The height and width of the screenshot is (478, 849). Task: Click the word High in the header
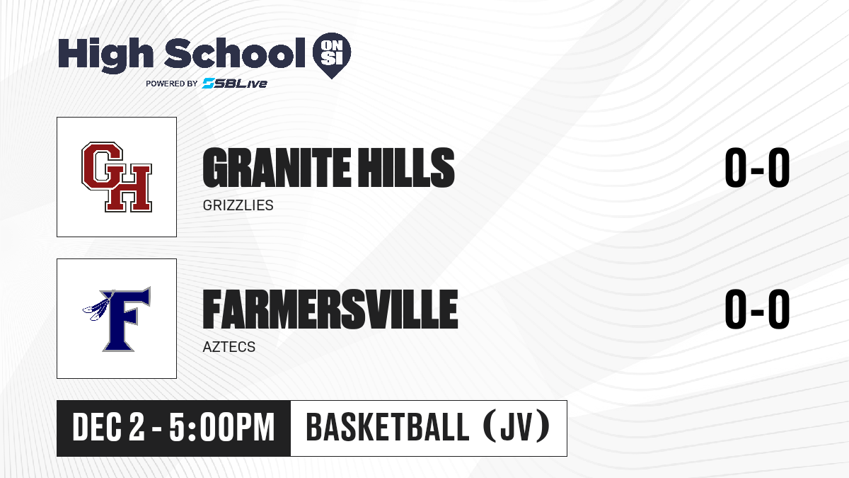click(105, 55)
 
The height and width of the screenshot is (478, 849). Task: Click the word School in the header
click(235, 52)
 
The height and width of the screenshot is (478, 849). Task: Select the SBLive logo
click(235, 83)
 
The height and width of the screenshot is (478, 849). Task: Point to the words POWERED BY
click(172, 84)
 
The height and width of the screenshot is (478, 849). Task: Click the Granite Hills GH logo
click(117, 177)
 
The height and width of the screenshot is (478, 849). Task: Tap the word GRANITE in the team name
click(277, 167)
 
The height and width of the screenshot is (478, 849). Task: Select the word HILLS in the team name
click(407, 167)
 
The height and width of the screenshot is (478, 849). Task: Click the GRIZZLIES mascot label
click(238, 205)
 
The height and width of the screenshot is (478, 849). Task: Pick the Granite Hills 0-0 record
click(757, 167)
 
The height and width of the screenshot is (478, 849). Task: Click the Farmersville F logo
click(117, 319)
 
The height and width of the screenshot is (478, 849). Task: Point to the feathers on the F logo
click(97, 307)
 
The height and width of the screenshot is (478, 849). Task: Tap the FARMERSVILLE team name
click(330, 309)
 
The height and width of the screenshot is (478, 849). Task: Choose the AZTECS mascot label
click(229, 347)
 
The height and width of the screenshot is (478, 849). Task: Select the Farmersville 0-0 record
click(757, 309)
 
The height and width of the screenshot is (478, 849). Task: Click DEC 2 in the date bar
click(109, 428)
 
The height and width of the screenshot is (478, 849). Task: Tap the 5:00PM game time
click(221, 428)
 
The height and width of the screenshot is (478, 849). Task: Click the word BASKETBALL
click(388, 427)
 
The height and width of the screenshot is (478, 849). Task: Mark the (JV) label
click(517, 427)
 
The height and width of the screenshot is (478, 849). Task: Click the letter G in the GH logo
click(103, 166)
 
